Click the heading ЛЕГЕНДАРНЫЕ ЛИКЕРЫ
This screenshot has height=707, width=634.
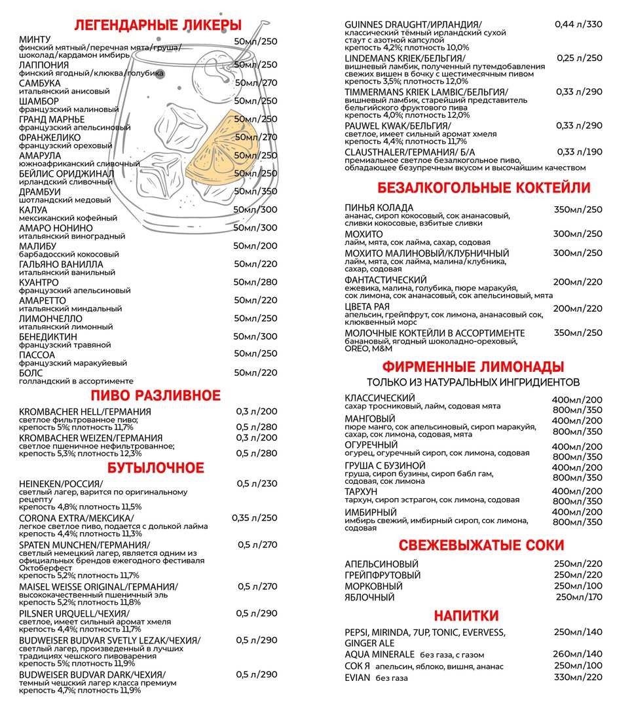[x=158, y=26]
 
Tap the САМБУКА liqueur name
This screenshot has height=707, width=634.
[x=39, y=83]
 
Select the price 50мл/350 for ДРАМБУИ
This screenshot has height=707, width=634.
[x=255, y=191]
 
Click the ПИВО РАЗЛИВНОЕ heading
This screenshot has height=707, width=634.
[x=155, y=395]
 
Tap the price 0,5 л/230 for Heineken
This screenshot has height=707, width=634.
[x=257, y=484]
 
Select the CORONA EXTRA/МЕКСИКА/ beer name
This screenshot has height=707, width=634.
[x=76, y=518]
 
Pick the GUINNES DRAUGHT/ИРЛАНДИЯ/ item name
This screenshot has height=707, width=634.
[x=413, y=25]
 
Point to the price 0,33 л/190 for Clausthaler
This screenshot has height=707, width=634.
[x=579, y=152]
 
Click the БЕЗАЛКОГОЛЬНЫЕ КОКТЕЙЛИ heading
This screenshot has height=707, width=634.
[x=483, y=188]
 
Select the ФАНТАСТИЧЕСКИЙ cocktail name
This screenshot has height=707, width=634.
[x=386, y=280]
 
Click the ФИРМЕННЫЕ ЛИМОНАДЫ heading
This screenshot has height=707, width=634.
[x=473, y=366]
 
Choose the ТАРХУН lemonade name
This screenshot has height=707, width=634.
[x=362, y=491]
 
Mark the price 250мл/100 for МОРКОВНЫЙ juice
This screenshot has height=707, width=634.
[x=578, y=586]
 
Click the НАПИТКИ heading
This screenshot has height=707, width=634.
[x=466, y=615]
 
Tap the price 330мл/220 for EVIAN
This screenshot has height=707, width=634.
[x=578, y=677]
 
